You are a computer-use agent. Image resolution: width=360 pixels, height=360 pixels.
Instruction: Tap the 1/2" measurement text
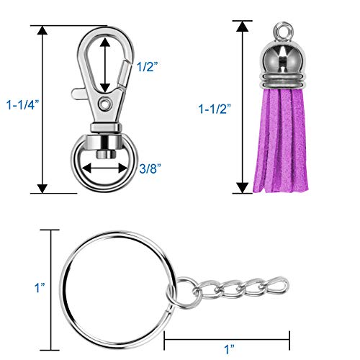146,66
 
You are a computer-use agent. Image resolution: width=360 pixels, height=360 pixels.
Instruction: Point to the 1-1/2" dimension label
215,109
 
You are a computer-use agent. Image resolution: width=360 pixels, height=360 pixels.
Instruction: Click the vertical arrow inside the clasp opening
107,65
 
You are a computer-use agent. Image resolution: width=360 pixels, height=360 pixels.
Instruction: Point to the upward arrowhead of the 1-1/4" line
42,31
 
